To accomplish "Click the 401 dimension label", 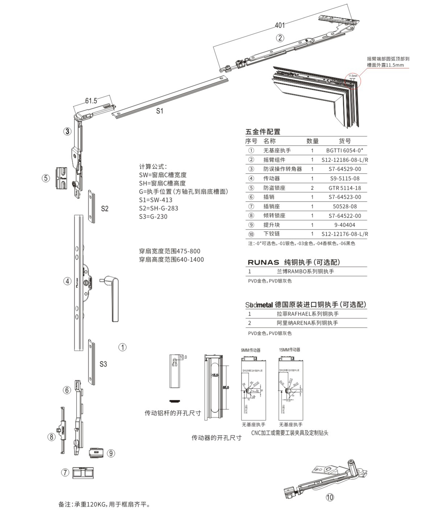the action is [x=280, y=25].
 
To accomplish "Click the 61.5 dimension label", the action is [x=91, y=101].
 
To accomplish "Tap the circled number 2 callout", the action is [x=280, y=38].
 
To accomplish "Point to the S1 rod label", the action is [x=159, y=111].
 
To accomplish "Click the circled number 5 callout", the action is [x=45, y=178].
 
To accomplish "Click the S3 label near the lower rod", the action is [x=103, y=364].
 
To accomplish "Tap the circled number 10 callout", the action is [x=330, y=497].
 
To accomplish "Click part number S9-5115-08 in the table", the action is [x=345, y=178].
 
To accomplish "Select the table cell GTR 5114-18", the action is [x=345, y=188].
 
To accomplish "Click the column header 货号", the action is [x=345, y=141].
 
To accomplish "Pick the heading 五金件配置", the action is [x=263, y=132].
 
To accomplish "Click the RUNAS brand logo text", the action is [x=263, y=262].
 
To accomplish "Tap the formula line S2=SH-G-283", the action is [x=158, y=208].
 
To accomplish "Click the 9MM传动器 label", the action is [x=251, y=350].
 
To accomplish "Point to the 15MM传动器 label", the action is [x=290, y=350].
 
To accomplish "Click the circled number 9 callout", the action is [x=111, y=453].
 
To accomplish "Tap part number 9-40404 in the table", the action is [x=345, y=225].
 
